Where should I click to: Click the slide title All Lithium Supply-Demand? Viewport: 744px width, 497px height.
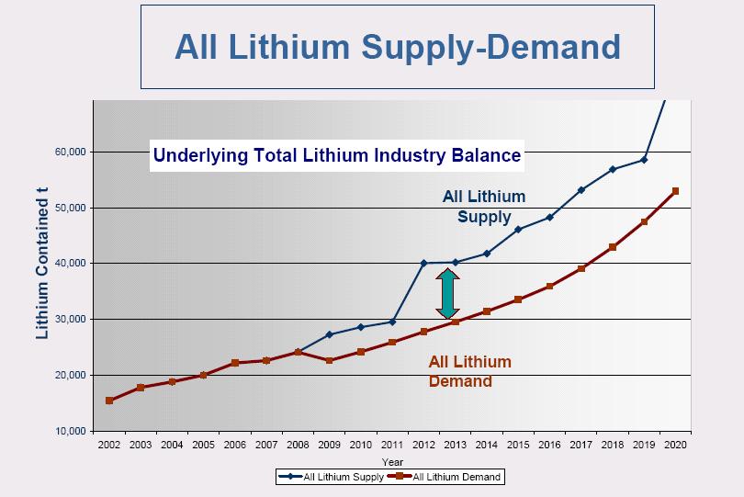(x=397, y=46)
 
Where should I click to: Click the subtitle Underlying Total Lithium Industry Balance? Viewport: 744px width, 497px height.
(x=337, y=155)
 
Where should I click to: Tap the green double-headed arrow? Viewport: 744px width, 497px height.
(x=447, y=294)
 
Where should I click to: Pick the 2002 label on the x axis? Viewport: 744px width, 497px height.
(x=109, y=445)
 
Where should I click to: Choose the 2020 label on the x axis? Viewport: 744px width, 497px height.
(x=675, y=445)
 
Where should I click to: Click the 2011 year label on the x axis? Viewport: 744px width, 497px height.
(x=392, y=445)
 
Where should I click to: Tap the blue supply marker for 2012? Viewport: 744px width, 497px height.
(x=423, y=263)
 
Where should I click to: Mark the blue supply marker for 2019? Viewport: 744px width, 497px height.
(x=644, y=160)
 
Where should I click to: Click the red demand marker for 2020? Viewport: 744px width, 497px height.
(x=675, y=191)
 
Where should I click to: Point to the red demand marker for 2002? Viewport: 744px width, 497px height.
(x=109, y=401)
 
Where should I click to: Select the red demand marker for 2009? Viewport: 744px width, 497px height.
(x=330, y=360)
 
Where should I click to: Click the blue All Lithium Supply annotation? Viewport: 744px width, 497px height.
(x=484, y=207)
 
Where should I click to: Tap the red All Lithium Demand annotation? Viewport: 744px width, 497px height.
(x=469, y=371)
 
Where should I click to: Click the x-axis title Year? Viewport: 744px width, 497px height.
(x=392, y=461)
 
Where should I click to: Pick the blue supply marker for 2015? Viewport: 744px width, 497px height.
(x=518, y=229)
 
